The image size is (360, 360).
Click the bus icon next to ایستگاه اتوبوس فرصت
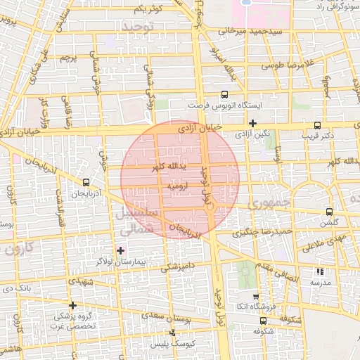coord(225,94)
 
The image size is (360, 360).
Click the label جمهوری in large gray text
coord(268,202)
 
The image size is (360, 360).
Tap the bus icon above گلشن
coord(329,212)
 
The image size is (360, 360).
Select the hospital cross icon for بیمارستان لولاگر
coord(120,250)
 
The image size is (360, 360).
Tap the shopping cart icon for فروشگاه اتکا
coord(255,297)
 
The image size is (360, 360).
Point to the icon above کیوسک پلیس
coord(172,333)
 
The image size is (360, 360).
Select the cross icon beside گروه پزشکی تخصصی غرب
coord(72,306)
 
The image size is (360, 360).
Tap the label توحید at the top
coord(136,26)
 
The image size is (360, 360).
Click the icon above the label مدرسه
coord(321,271)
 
